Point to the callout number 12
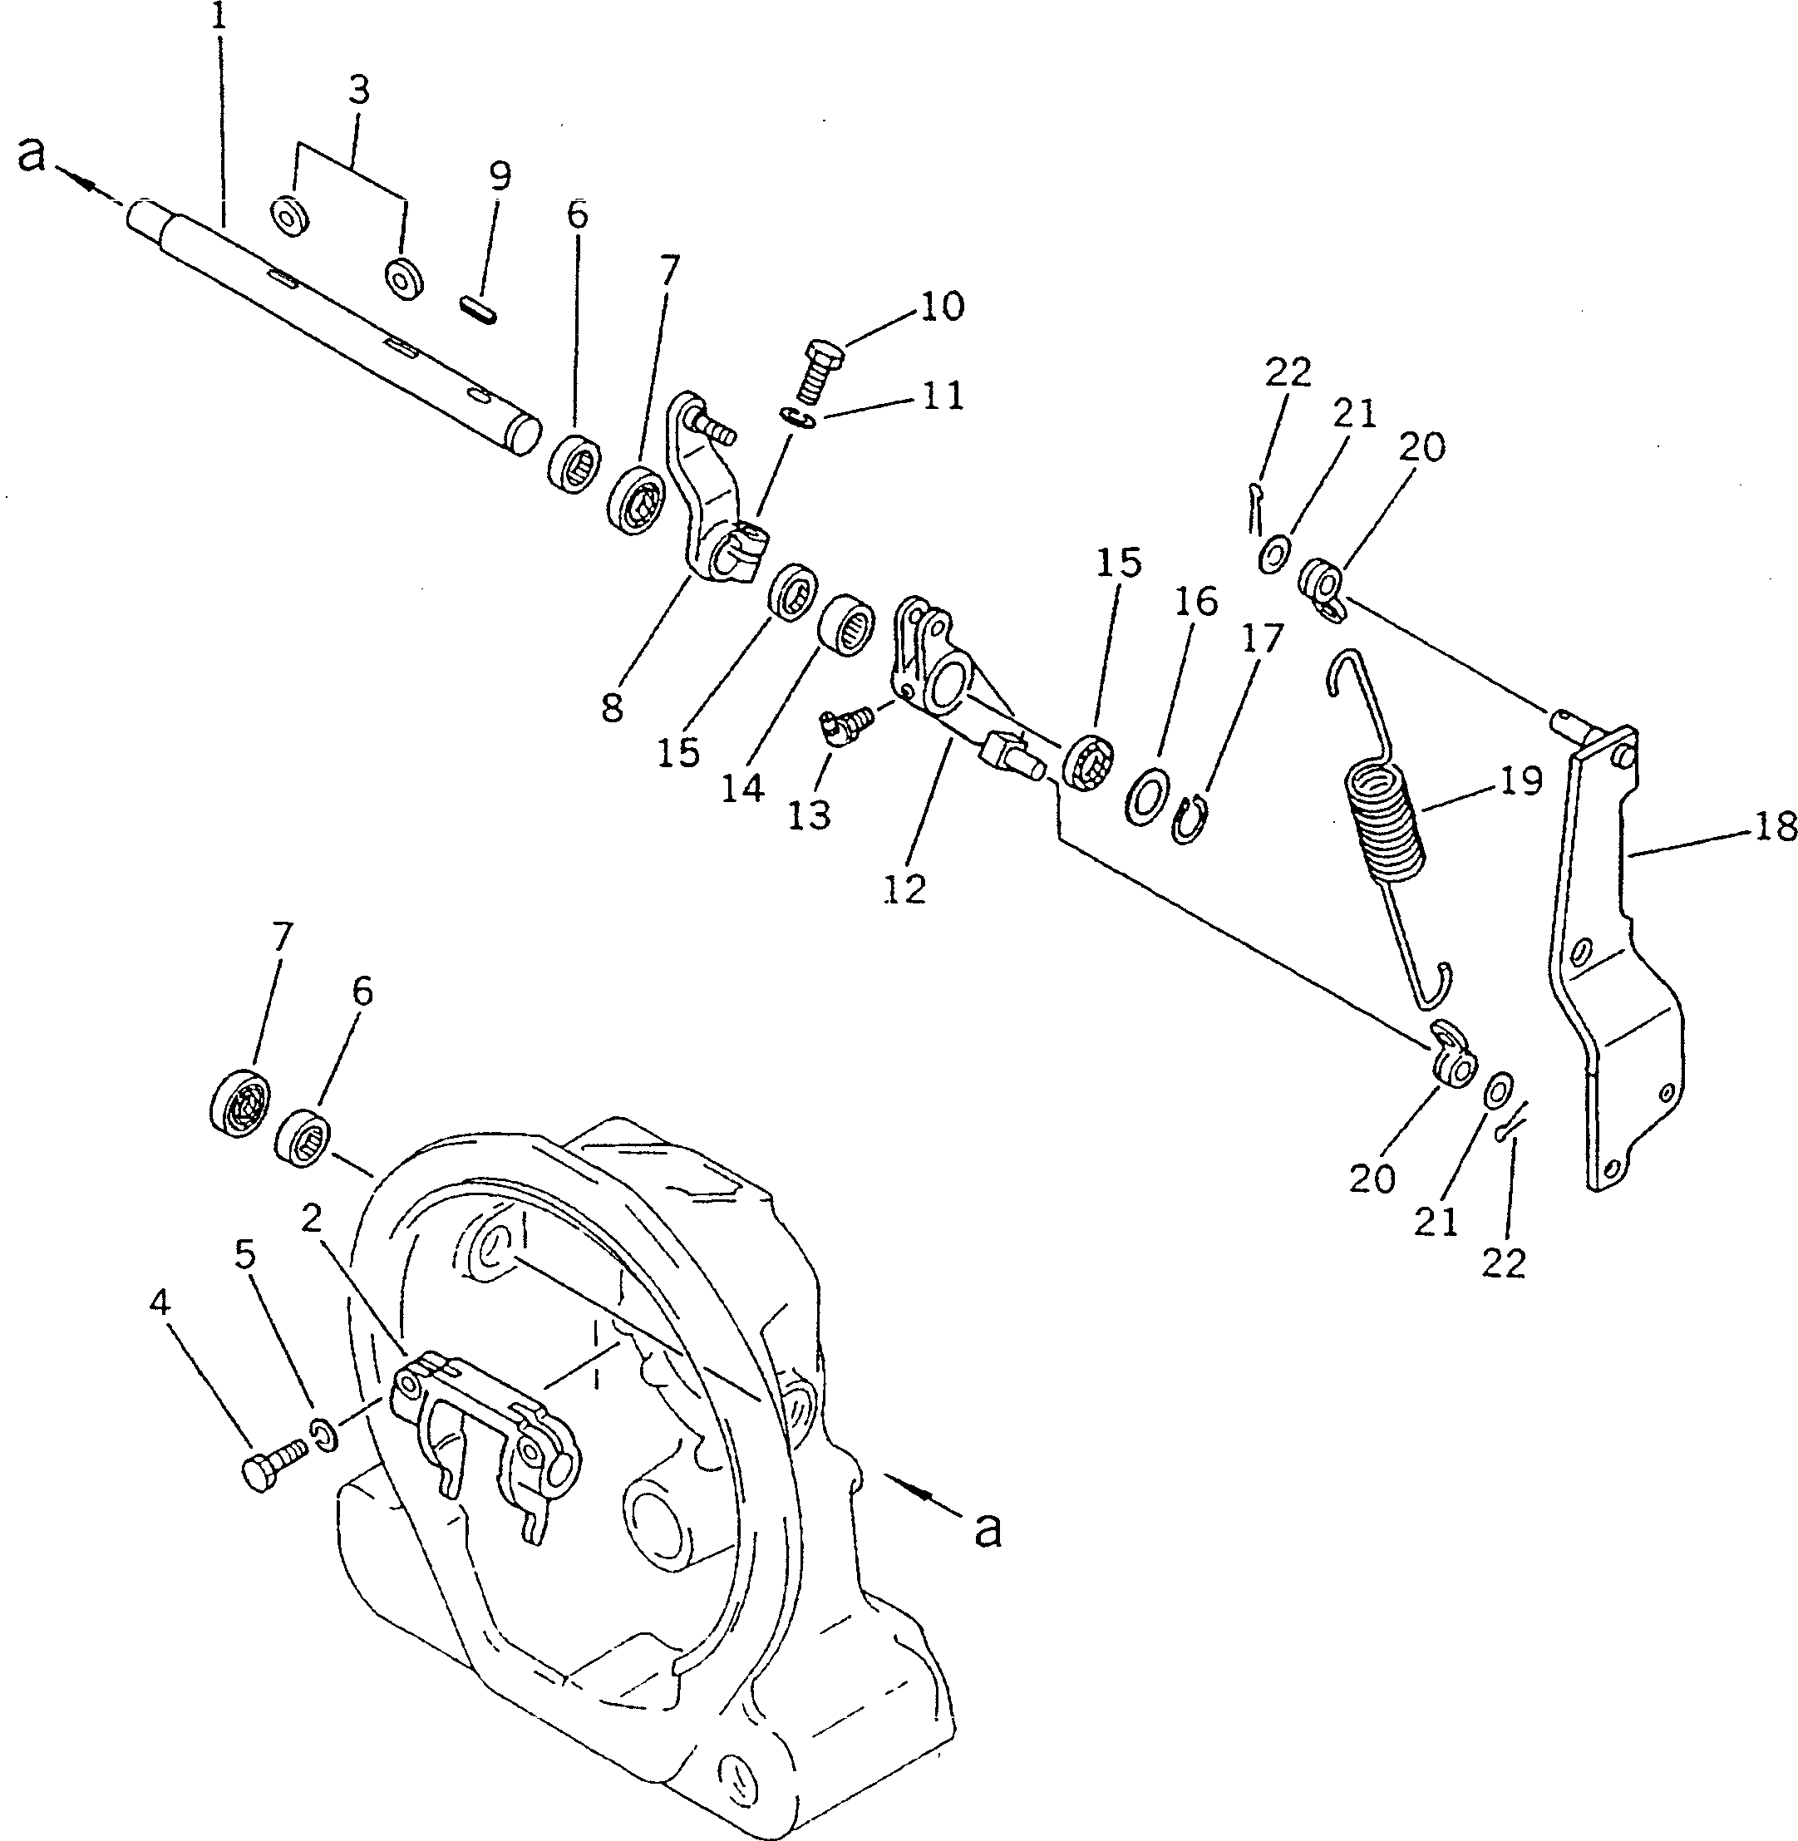coord(904,889)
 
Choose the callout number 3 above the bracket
coord(359,91)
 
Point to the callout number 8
coord(612,706)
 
